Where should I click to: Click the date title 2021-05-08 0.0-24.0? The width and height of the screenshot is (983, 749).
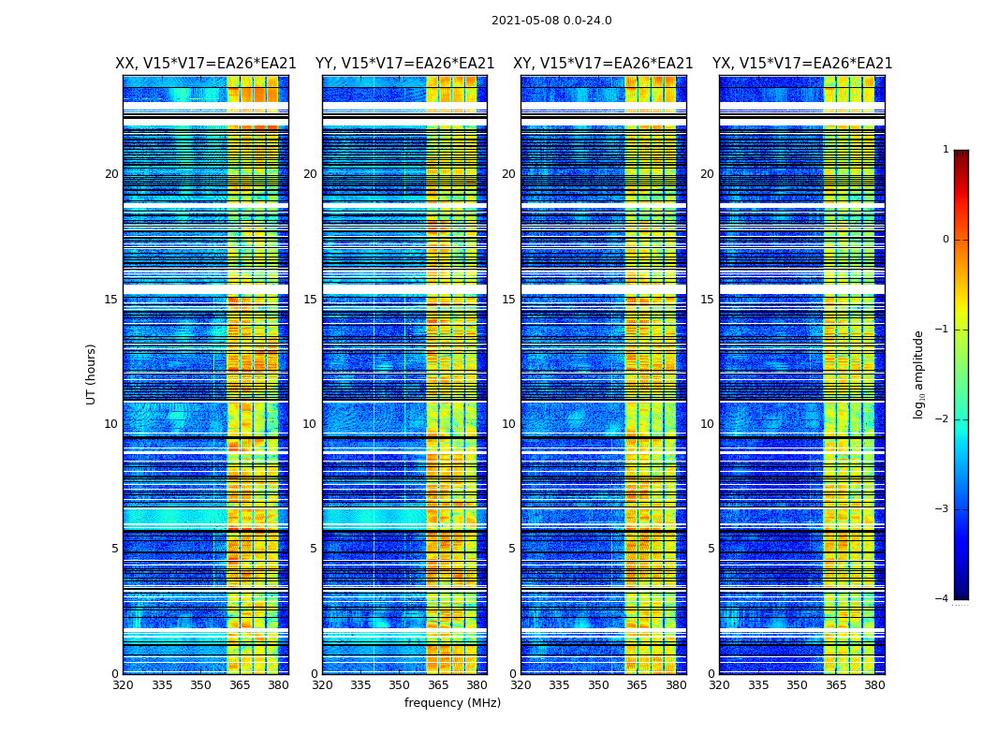tap(551, 21)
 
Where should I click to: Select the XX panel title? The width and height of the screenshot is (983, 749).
tap(206, 64)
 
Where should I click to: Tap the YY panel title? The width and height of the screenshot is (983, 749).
tap(404, 64)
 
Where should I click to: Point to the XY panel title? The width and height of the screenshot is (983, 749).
tap(603, 64)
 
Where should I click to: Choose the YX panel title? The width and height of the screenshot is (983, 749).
tap(802, 64)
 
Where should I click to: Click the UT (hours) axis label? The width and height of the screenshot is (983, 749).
tap(92, 374)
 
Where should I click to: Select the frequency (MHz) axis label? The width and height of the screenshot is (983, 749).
tap(452, 703)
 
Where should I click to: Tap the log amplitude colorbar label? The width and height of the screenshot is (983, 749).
tap(919, 374)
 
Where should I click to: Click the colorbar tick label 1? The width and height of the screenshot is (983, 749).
tap(946, 150)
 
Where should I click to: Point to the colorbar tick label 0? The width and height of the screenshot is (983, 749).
tap(946, 240)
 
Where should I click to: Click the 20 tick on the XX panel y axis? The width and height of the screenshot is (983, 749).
tap(111, 174)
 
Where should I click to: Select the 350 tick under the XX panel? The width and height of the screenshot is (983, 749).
tap(200, 685)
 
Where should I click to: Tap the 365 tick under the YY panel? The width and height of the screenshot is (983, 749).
tap(438, 685)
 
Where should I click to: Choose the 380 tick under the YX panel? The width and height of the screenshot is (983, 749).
tap(874, 685)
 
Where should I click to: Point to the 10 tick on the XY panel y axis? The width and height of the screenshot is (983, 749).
tap(508, 424)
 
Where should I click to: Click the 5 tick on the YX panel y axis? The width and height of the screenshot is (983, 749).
tap(711, 549)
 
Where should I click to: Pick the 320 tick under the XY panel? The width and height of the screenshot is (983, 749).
tap(521, 685)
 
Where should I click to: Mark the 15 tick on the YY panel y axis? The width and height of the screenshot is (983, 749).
tap(310, 300)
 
